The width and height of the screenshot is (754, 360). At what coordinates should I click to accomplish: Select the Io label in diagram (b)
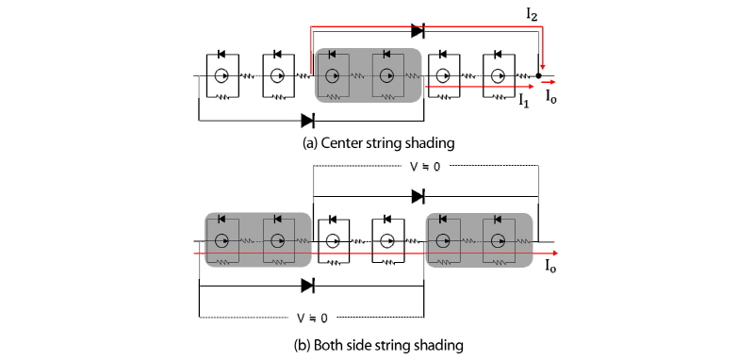pyautogui.click(x=550, y=267)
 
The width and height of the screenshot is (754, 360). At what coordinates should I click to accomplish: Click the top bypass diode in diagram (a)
pyautogui.click(x=418, y=31)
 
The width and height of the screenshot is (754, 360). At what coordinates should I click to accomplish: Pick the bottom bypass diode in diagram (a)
pyautogui.click(x=307, y=120)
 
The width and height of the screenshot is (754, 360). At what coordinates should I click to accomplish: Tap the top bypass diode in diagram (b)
pyautogui.click(x=418, y=196)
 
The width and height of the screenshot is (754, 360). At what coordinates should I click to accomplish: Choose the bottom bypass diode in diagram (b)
pyautogui.click(x=307, y=284)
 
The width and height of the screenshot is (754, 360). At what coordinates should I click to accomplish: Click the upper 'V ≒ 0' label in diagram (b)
pyautogui.click(x=424, y=167)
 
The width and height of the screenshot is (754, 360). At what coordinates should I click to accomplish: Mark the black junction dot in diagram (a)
pyautogui.click(x=538, y=75)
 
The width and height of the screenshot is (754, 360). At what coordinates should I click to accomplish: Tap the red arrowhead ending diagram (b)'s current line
pyautogui.click(x=555, y=254)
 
